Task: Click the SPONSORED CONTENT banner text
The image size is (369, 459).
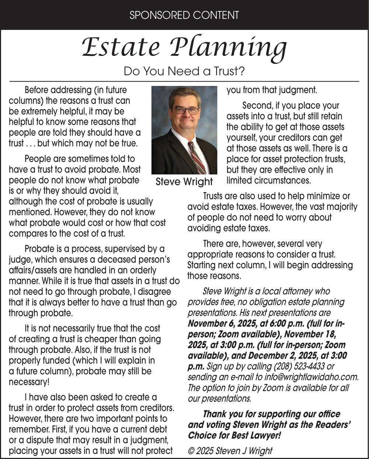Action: [x=184, y=15]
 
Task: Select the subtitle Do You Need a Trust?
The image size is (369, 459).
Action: [x=184, y=71]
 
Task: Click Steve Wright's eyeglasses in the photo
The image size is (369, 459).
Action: [x=185, y=110]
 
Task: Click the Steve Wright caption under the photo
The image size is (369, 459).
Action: [x=184, y=182]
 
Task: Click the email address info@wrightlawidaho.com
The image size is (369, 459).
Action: [x=313, y=377]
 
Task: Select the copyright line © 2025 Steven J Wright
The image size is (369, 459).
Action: [x=230, y=451]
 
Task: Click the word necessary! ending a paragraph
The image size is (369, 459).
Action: [x=29, y=382]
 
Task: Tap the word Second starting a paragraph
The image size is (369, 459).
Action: [x=256, y=106]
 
